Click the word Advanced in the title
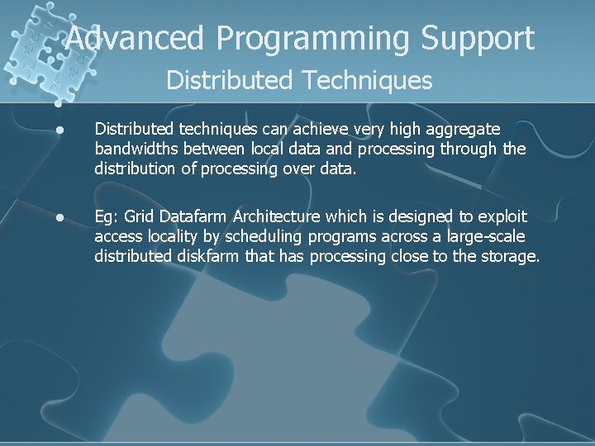pyautogui.click(x=132, y=38)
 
